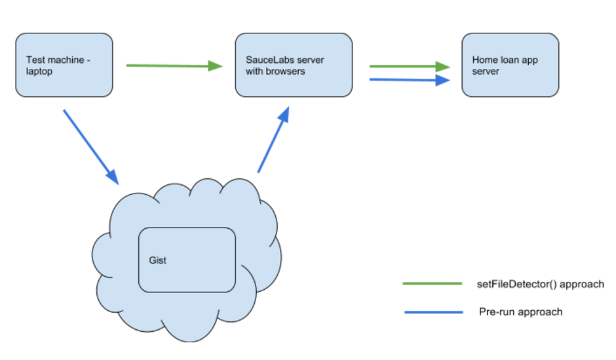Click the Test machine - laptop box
pyautogui.click(x=64, y=65)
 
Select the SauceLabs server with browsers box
pyautogui.click(x=294, y=65)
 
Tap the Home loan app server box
pyautogui.click(x=510, y=65)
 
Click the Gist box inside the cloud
pyautogui.click(x=187, y=260)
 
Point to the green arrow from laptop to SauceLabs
pyautogui.click(x=170, y=66)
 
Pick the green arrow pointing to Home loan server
pyautogui.click(x=406, y=66)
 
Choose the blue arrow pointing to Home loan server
pyautogui.click(x=406, y=79)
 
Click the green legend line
pyautogui.click(x=432, y=284)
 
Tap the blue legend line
pyautogui.click(x=433, y=311)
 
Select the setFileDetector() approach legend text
pyautogui.click(x=540, y=284)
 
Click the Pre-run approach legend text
pyautogui.click(x=520, y=311)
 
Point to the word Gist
pyautogui.click(x=157, y=260)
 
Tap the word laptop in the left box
pyautogui.click(x=39, y=71)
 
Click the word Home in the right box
pyautogui.click(x=484, y=60)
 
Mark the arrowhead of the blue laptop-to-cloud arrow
pyautogui.click(x=111, y=176)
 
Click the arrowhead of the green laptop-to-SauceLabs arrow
pyautogui.click(x=216, y=66)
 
